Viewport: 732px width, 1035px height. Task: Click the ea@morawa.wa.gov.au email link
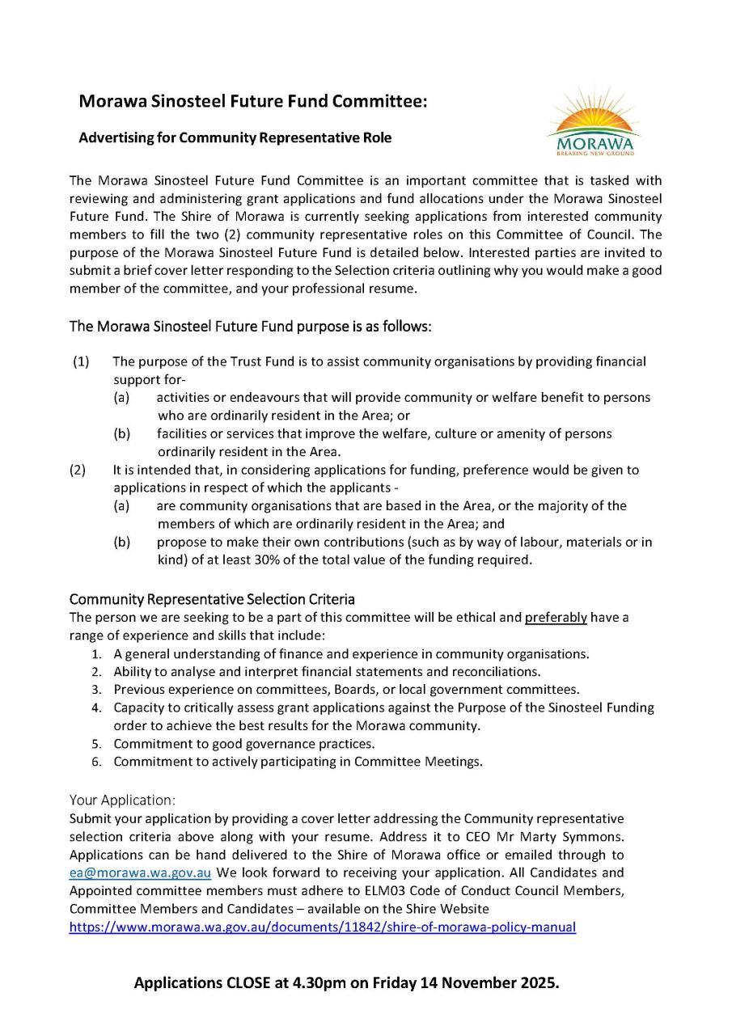(140, 873)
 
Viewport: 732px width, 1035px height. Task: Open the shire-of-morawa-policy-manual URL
(322, 927)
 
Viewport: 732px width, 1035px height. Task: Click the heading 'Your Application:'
(122, 801)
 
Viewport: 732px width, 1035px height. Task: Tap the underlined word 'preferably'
(556, 618)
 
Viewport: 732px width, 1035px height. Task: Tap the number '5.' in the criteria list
(96, 744)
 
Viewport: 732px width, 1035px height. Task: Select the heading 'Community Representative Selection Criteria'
(212, 599)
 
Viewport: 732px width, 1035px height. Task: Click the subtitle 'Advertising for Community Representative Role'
(235, 138)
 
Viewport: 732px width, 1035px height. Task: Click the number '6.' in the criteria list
(96, 762)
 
